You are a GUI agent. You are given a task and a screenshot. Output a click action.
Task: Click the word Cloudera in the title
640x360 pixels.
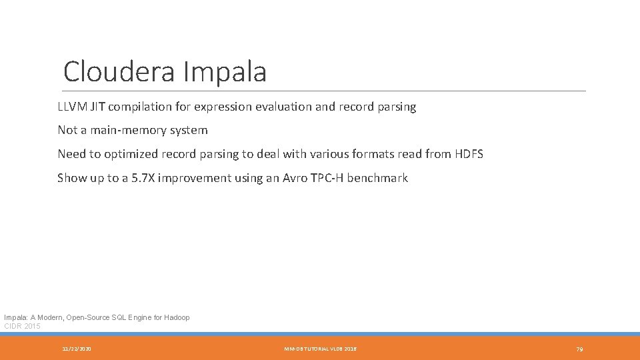pos(118,72)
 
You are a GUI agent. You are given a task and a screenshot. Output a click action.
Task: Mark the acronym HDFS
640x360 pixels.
pos(469,154)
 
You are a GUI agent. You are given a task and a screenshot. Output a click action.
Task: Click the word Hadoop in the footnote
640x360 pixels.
pos(176,317)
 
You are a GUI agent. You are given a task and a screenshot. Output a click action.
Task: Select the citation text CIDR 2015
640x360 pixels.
pos(22,326)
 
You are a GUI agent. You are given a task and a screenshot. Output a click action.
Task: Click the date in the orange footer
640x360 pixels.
pos(77,349)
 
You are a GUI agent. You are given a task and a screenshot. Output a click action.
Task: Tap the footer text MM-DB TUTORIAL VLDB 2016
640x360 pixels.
pos(320,349)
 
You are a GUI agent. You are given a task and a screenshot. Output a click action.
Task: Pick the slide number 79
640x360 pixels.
pos(579,349)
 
